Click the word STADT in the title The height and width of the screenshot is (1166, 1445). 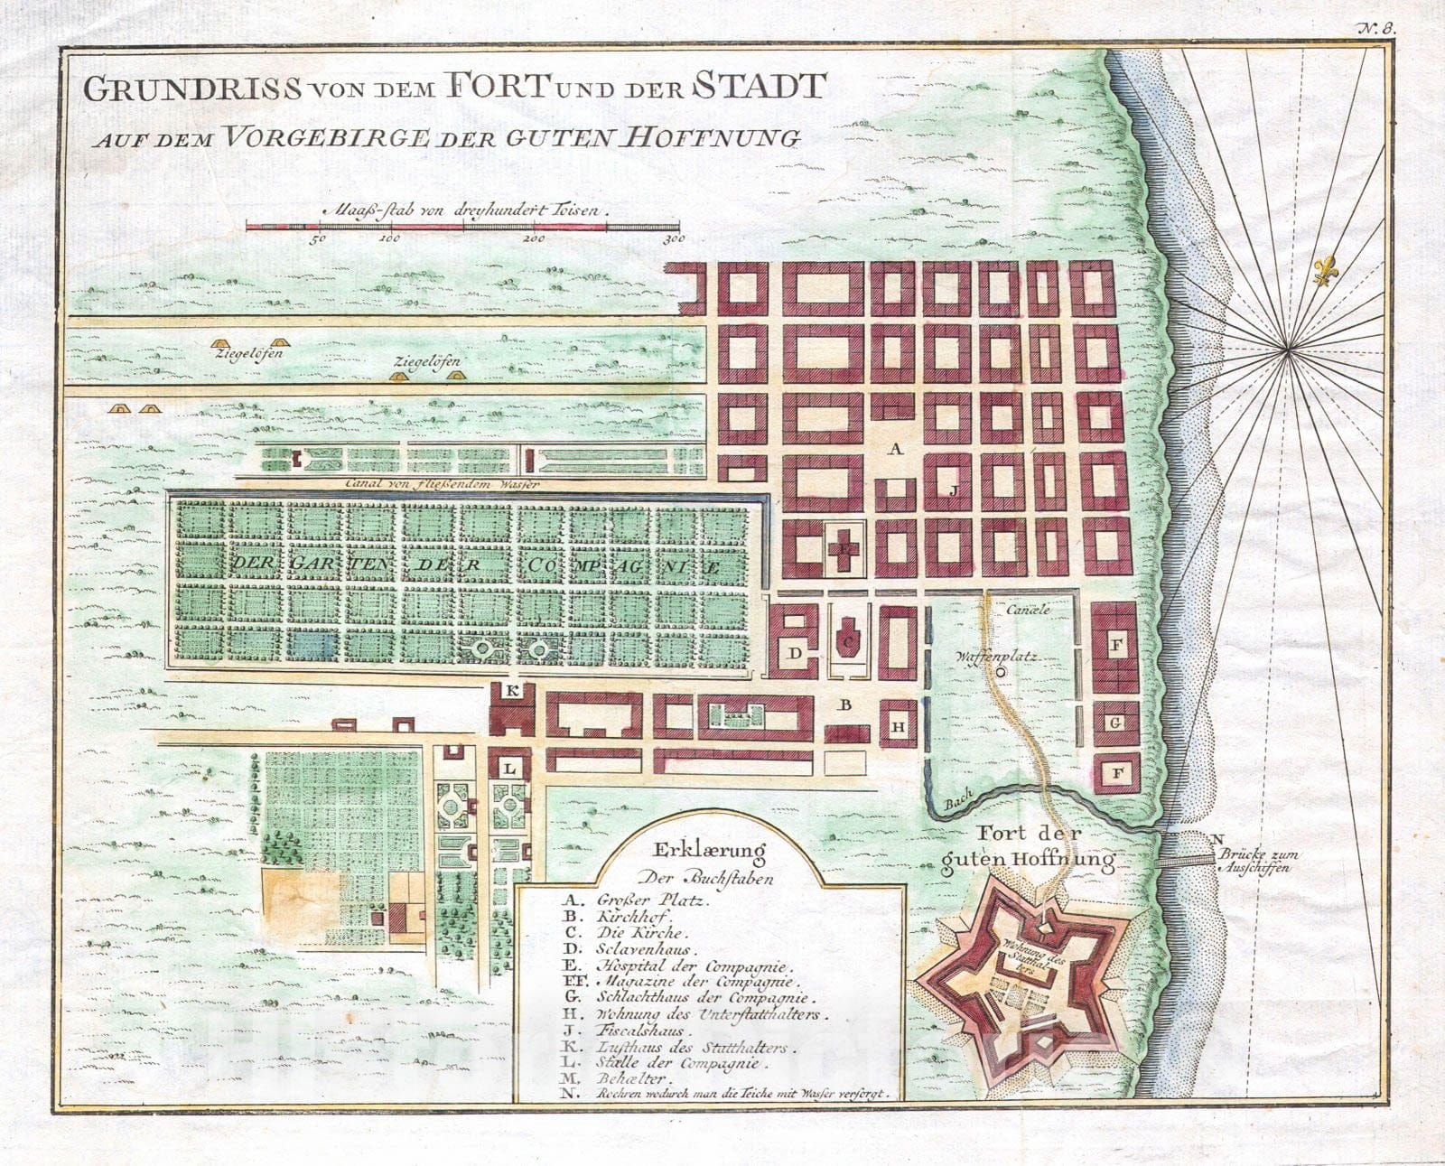click(x=760, y=86)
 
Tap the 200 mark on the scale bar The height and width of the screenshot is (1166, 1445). click(x=533, y=239)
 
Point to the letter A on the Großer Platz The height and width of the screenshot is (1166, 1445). click(x=896, y=449)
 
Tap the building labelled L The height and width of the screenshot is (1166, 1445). click(x=510, y=768)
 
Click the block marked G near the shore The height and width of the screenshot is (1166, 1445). click(x=1115, y=723)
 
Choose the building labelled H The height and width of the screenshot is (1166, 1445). click(x=898, y=726)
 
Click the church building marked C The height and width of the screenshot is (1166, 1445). click(x=847, y=639)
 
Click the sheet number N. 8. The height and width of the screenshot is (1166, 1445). click(x=1375, y=27)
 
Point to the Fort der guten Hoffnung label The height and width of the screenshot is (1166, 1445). click(x=1027, y=847)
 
